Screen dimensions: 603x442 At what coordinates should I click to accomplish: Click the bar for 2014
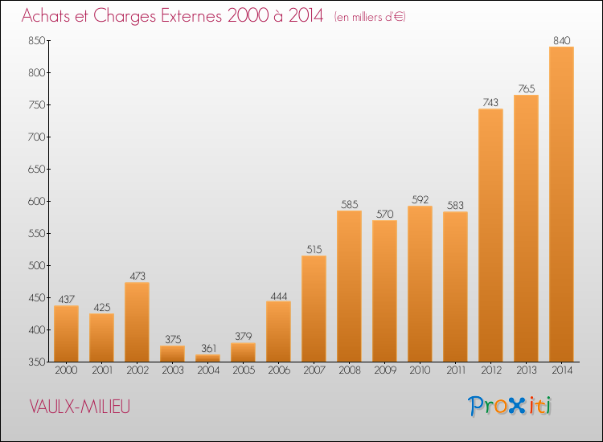561,204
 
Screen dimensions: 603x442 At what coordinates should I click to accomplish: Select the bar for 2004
207,358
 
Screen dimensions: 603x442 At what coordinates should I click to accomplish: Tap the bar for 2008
349,286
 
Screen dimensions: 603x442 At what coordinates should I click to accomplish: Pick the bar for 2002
137,322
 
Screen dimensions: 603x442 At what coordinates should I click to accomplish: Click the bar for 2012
490,235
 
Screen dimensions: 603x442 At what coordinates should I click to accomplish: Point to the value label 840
561,40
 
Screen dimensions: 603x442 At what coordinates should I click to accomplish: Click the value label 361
208,348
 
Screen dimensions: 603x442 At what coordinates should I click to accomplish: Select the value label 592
420,199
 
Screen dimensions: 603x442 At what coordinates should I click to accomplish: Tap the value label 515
314,249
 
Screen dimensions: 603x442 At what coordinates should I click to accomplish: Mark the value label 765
526,88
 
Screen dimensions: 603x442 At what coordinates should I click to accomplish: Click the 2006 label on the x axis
279,370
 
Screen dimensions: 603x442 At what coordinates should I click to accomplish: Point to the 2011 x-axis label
456,370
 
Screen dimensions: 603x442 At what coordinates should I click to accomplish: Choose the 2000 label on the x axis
66,370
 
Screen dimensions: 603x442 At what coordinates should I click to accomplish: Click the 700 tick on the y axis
36,137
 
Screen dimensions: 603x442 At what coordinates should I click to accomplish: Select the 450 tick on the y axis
36,297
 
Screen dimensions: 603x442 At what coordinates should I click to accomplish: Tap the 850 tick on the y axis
36,40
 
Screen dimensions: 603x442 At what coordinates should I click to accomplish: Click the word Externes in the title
191,16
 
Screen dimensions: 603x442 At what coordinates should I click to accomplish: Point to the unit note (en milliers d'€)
370,17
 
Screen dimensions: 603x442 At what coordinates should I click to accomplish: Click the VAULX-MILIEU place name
80,407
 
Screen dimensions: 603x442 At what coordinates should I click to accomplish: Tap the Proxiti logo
510,406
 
